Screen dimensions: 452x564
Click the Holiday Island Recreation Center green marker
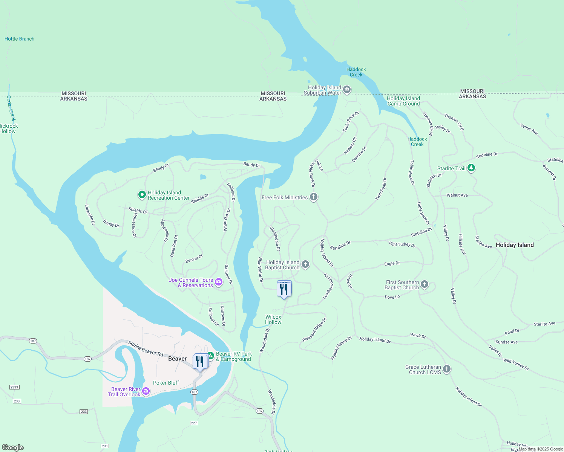pyautogui.click(x=142, y=195)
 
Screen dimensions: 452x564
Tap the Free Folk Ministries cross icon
pyautogui.click(x=313, y=197)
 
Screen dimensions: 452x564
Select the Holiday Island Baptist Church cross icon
pyautogui.click(x=305, y=264)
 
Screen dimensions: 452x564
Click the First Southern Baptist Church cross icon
pyautogui.click(x=425, y=284)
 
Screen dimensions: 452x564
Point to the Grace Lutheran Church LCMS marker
pyautogui.click(x=447, y=369)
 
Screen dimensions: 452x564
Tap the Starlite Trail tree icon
pyautogui.click(x=471, y=168)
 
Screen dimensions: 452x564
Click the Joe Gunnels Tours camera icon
pyautogui.click(x=219, y=282)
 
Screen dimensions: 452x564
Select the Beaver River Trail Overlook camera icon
pyautogui.click(x=146, y=392)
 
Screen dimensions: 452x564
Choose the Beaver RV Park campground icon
pyautogui.click(x=211, y=355)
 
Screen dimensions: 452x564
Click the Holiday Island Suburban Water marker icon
pyautogui.click(x=347, y=90)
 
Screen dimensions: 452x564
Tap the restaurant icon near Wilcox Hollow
pyautogui.click(x=284, y=289)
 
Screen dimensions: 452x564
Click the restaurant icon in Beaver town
pyautogui.click(x=200, y=362)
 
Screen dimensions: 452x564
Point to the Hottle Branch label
pyautogui.click(x=19, y=39)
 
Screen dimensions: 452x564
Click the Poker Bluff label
pyautogui.click(x=166, y=383)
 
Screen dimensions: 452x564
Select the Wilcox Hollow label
pyautogui.click(x=273, y=319)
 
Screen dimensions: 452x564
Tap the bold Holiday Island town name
pyautogui.click(x=515, y=245)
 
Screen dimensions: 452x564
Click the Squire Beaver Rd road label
pyautogui.click(x=146, y=348)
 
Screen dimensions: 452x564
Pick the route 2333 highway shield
pyautogui.click(x=14, y=387)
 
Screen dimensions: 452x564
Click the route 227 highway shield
pyautogui.click(x=194, y=423)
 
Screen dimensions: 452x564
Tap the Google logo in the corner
pyautogui.click(x=13, y=447)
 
